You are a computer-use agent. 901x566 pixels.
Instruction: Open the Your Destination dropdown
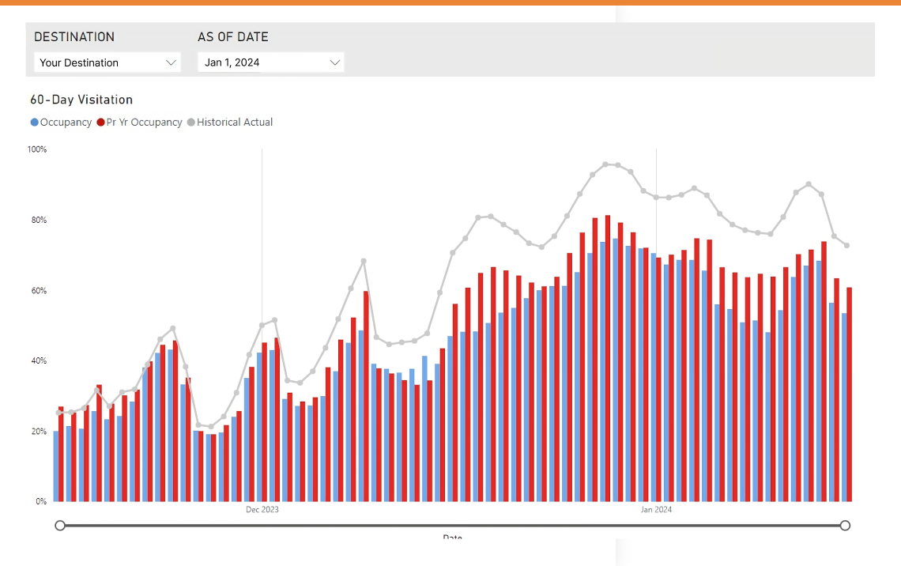pyautogui.click(x=107, y=62)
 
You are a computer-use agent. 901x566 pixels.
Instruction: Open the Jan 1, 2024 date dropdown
pyautogui.click(x=270, y=62)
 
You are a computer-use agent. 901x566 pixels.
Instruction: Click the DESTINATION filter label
pyautogui.click(x=74, y=37)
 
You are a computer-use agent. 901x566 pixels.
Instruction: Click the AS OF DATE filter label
pyautogui.click(x=233, y=37)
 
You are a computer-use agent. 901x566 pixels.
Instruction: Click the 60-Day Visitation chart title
pyautogui.click(x=81, y=100)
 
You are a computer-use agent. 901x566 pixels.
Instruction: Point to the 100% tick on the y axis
pyautogui.click(x=37, y=149)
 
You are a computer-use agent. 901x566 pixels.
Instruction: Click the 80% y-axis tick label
pyautogui.click(x=37, y=220)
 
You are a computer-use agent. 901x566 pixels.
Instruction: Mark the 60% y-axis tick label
pyautogui.click(x=37, y=291)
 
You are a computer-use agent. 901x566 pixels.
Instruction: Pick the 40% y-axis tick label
pyautogui.click(x=37, y=361)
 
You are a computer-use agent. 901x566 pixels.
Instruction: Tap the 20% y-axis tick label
pyautogui.click(x=37, y=432)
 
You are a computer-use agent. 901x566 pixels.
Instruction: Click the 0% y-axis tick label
pyautogui.click(x=40, y=502)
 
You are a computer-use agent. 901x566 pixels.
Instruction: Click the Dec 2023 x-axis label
pyautogui.click(x=262, y=510)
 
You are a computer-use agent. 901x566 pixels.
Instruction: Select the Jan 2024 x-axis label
pyautogui.click(x=656, y=510)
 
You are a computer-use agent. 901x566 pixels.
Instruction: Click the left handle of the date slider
pyautogui.click(x=60, y=526)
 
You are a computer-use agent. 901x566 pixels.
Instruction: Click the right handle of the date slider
pyautogui.click(x=845, y=526)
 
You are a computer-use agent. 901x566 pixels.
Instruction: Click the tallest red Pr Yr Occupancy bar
pyautogui.click(x=608, y=356)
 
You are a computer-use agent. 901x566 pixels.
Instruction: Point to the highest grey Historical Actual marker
pyautogui.click(x=605, y=164)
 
